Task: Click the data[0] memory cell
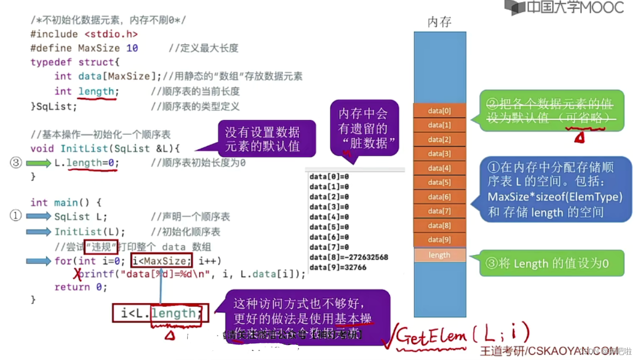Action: coord(439,111)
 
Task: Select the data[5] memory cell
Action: coord(439,182)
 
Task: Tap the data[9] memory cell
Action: coord(439,240)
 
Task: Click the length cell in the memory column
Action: coord(439,255)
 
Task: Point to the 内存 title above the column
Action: coord(439,21)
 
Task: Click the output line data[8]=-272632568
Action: coord(349,257)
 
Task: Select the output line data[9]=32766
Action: coord(338,267)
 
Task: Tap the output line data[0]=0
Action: coord(329,177)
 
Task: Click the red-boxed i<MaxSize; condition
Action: coord(161,261)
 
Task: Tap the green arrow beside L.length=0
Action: coord(38,163)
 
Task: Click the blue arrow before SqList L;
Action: coord(38,217)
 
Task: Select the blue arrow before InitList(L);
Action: coord(38,232)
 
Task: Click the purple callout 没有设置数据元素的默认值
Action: coord(262,139)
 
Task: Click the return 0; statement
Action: coord(81,287)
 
